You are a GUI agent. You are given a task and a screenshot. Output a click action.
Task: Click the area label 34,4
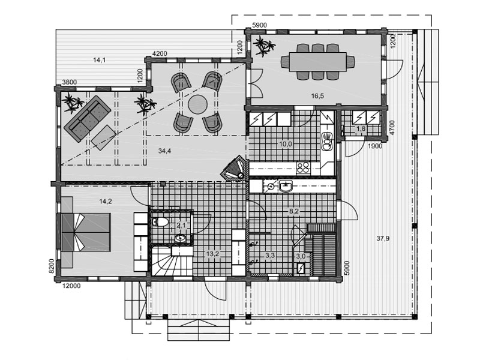click(x=164, y=151)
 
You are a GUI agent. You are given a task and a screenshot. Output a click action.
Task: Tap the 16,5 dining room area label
click(x=317, y=96)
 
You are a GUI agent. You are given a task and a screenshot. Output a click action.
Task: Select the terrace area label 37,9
click(x=383, y=238)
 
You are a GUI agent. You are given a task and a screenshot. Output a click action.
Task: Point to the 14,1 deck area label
click(x=100, y=60)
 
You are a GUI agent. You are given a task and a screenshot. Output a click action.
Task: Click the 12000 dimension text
click(x=71, y=286)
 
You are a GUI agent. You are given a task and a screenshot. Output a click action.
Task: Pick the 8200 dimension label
click(x=52, y=266)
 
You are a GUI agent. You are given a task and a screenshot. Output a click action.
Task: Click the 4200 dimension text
click(x=160, y=53)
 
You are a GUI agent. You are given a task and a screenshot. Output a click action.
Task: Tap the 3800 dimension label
click(x=70, y=82)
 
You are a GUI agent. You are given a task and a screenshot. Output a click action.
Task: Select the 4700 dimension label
click(x=392, y=128)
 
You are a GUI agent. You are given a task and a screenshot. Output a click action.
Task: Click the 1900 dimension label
click(x=374, y=146)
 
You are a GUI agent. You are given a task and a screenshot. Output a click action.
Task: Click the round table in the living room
click(x=197, y=104)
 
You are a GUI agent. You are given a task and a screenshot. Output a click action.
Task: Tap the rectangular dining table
click(x=318, y=62)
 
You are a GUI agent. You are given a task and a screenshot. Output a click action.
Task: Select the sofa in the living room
click(x=87, y=119)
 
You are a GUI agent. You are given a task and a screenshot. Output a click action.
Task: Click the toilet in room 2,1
click(x=160, y=221)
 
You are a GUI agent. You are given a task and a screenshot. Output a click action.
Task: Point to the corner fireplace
click(x=234, y=168)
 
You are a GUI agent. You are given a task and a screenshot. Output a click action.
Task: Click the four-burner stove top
click(x=304, y=169)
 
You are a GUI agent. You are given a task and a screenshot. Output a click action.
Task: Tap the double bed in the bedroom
click(x=86, y=232)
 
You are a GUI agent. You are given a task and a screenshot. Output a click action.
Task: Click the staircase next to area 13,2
click(x=172, y=261)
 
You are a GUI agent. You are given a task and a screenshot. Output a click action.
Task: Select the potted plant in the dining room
click(x=264, y=46)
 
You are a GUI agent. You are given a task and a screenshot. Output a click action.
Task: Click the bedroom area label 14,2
click(x=106, y=202)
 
